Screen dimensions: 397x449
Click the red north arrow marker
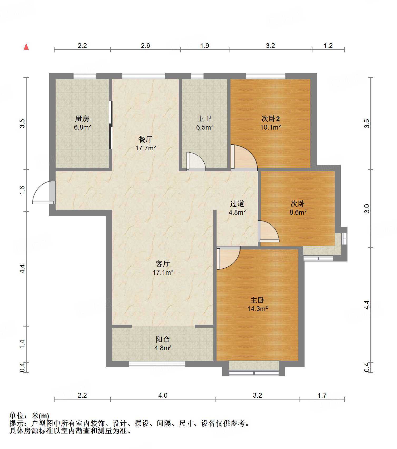point(26,47)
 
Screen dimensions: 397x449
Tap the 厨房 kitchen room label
point(82,119)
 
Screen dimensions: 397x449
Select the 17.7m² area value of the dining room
point(146,148)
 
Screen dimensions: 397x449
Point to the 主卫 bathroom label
point(204,119)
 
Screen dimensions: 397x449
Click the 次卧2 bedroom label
point(271,119)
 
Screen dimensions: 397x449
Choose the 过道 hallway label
point(237,204)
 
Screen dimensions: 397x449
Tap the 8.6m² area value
point(298,212)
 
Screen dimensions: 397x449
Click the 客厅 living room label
point(163,264)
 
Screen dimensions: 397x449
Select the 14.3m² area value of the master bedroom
point(258,309)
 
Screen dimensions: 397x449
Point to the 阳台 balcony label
point(163,339)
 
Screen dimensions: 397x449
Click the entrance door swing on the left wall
point(44,193)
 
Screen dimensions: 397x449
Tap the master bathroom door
point(196,161)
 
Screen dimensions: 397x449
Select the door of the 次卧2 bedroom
point(244,157)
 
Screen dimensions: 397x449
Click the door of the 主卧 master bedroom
point(228,258)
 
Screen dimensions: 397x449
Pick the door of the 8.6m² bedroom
point(268,231)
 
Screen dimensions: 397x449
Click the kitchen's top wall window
point(85,76)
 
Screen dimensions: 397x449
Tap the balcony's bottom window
point(157,364)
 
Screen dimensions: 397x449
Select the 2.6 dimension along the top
point(145,46)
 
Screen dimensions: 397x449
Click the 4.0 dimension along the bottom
point(163,395)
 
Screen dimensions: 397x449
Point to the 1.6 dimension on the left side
point(22,190)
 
